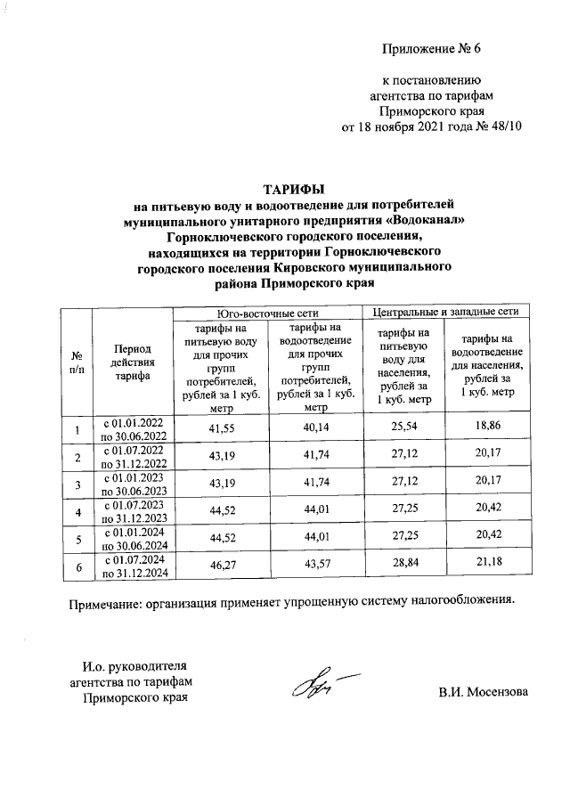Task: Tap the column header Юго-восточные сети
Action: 268,313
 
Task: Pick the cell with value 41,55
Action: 219,428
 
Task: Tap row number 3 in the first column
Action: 77,484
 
